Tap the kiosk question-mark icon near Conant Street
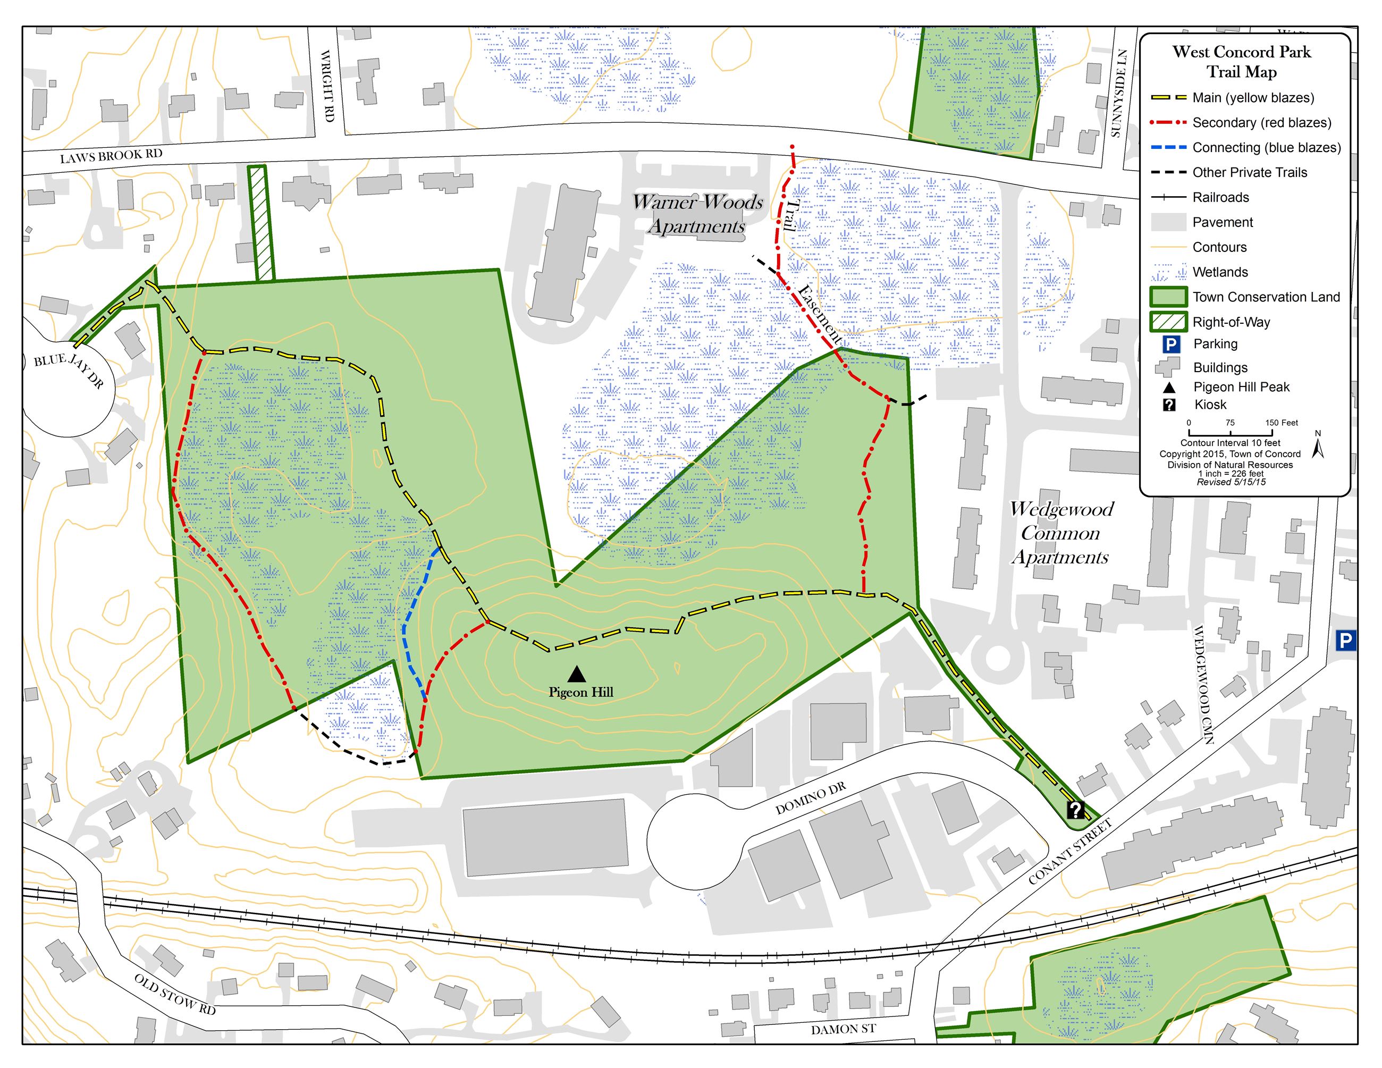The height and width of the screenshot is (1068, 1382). coord(1075,810)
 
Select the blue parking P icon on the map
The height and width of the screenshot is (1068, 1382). coord(1345,642)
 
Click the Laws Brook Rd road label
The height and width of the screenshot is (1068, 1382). coord(112,156)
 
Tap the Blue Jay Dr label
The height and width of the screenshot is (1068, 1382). coord(69,371)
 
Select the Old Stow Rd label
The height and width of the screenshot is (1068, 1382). coord(175,994)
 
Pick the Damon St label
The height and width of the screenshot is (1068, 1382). coord(843,1029)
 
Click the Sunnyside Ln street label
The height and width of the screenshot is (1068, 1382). coord(1119,93)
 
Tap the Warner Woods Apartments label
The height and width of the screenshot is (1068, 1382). coord(697,214)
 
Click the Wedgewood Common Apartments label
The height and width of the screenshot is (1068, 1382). coord(1060,533)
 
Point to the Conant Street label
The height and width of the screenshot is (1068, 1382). coord(1070,852)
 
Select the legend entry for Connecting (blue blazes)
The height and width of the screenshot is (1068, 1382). coord(1266,147)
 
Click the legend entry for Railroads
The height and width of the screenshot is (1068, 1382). coord(1220,197)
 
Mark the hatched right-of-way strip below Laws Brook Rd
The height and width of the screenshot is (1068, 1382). coord(260,223)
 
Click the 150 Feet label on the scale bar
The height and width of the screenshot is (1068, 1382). coord(1282,423)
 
